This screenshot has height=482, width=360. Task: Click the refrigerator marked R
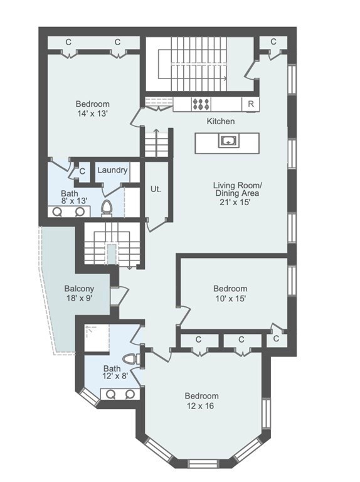tap(250, 104)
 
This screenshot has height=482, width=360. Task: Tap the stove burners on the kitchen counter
tap(201, 104)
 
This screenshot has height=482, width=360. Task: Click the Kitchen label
tap(221, 121)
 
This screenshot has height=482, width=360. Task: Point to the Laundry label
tap(112, 170)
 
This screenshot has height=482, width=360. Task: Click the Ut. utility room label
tap(156, 189)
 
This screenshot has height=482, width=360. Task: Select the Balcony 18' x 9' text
tap(79, 293)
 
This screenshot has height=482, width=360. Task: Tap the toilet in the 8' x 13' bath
tap(107, 208)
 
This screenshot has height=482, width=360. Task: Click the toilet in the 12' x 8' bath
tap(131, 359)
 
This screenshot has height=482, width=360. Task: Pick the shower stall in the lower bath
tap(97, 338)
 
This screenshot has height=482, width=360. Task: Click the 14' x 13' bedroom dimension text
tap(92, 114)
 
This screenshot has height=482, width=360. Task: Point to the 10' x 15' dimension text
tap(230, 298)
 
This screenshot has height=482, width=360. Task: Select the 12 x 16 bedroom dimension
tap(200, 406)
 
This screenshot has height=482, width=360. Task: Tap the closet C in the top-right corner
tap(273, 41)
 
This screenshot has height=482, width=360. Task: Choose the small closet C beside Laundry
tap(82, 171)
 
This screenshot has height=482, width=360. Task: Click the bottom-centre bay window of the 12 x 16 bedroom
tap(203, 463)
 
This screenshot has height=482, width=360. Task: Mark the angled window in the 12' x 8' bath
tap(90, 397)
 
